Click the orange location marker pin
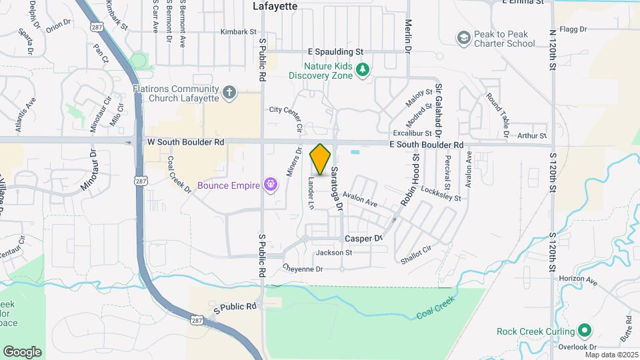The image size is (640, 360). [x=321, y=159]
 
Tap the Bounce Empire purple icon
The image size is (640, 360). [x=271, y=183]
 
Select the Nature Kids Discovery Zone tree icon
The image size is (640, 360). [x=362, y=70]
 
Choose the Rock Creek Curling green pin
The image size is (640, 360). [x=585, y=331]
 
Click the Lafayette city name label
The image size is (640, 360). [x=274, y=5]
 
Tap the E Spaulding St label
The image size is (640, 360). [x=335, y=51]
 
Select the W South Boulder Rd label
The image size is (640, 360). [x=186, y=142]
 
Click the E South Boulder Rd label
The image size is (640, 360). [x=427, y=145]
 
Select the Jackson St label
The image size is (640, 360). [x=334, y=253]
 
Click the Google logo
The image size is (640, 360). [x=22, y=351]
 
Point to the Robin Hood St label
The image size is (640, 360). [x=409, y=180]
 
